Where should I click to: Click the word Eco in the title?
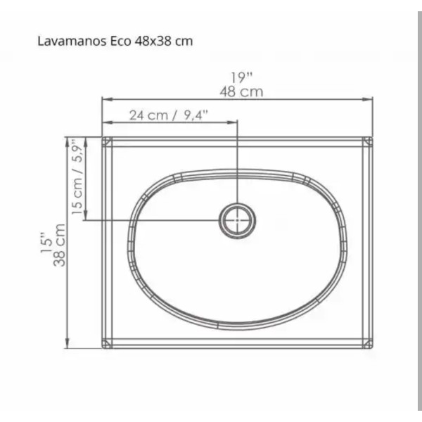[x=120, y=41]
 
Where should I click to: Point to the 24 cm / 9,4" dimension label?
[x=168, y=115]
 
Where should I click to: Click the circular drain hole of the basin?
[x=237, y=219]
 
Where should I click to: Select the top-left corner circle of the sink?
[x=107, y=141]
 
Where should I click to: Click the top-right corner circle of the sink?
[x=368, y=141]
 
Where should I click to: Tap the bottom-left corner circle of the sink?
[x=107, y=343]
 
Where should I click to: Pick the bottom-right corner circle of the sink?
[x=368, y=343]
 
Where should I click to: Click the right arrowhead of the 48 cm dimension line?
[x=370, y=100]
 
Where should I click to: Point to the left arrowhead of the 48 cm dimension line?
[x=105, y=100]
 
